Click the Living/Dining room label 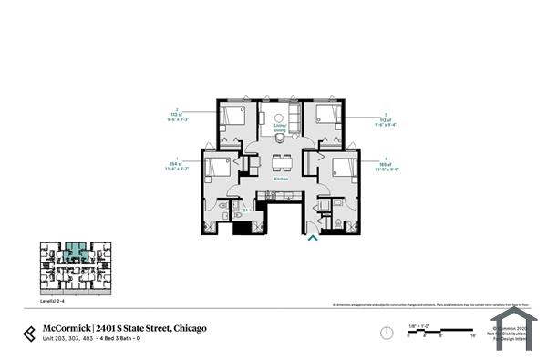(280, 129)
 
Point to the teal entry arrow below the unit (313, 238)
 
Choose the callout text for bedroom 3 (387, 117)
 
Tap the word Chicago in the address (190, 327)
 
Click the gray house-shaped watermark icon (511, 327)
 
